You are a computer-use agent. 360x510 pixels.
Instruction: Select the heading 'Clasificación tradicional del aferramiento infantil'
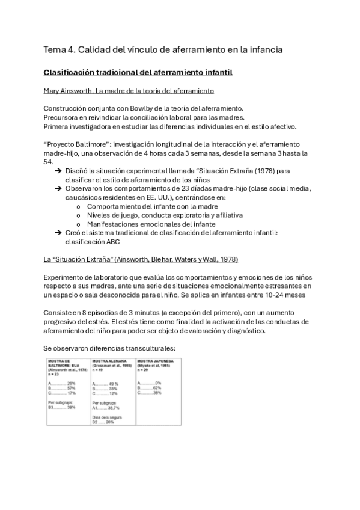[138, 73]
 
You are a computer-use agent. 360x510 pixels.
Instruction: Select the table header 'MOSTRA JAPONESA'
[156, 361]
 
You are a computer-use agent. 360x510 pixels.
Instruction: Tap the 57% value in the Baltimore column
[72, 388]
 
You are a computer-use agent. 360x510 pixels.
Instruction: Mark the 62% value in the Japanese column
[157, 387]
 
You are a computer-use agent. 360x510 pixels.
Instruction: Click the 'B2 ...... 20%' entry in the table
[103, 422]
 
